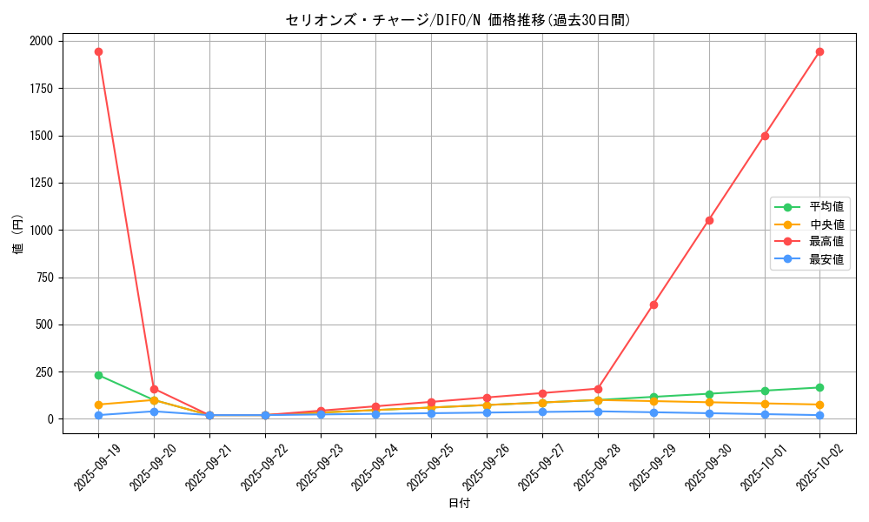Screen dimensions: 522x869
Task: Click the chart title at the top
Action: [x=458, y=20]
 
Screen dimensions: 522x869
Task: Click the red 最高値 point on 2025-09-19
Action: [x=98, y=51]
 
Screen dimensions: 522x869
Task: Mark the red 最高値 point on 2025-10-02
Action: [x=819, y=51]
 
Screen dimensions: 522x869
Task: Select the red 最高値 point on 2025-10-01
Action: [x=765, y=136]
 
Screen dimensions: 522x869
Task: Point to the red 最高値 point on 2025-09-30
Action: [x=709, y=220]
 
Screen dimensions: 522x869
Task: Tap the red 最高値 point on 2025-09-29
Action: [x=653, y=304]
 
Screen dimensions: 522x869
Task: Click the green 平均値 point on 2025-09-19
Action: [x=98, y=375]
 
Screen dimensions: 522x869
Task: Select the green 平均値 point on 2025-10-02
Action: [x=819, y=387]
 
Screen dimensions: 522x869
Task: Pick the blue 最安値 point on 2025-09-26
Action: [x=487, y=412]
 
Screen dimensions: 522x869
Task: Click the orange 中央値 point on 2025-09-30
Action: [x=709, y=402]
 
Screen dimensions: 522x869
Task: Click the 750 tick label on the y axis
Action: [x=43, y=278]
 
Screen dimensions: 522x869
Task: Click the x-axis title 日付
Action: [x=459, y=504]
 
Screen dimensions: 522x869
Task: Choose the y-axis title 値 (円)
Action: [x=17, y=235]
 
